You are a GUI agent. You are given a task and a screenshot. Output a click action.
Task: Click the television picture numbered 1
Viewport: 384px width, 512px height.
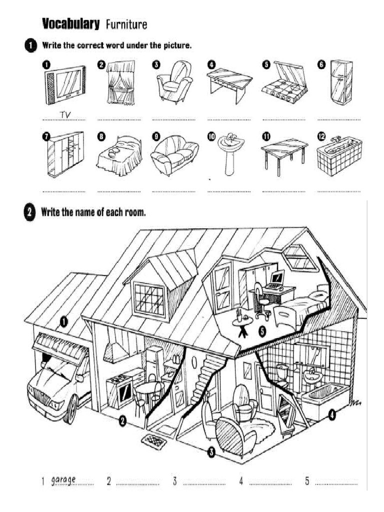pyautogui.click(x=65, y=85)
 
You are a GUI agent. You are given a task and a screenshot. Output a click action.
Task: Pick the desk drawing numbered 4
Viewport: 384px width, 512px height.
pyautogui.click(x=229, y=83)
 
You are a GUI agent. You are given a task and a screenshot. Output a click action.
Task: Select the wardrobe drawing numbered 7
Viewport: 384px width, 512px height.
pyautogui.click(x=65, y=154)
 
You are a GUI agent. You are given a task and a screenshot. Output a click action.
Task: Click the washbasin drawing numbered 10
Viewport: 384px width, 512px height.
pyautogui.click(x=230, y=152)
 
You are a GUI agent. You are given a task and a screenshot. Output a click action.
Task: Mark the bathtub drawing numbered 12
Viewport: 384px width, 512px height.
pyautogui.click(x=339, y=155)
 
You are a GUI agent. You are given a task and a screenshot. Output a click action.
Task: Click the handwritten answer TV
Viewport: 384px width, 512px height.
pyautogui.click(x=65, y=115)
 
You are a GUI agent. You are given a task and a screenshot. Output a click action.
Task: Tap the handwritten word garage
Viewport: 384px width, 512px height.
pyautogui.click(x=63, y=480)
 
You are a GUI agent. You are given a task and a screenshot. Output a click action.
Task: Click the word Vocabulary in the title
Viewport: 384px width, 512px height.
pyautogui.click(x=70, y=23)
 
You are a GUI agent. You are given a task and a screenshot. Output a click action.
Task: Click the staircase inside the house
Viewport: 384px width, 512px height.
pyautogui.click(x=202, y=377)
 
